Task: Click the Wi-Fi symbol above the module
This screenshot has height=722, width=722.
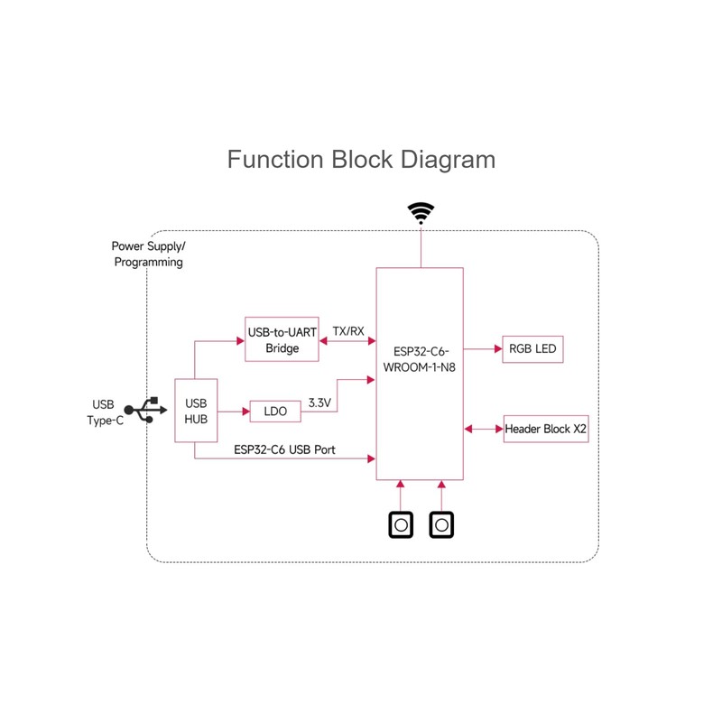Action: point(421,213)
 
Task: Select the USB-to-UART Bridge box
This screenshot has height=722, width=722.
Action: point(282,340)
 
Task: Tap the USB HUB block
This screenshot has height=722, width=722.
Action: point(197,410)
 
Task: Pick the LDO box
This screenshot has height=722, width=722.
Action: point(275,412)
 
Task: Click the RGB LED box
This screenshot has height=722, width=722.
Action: point(532,348)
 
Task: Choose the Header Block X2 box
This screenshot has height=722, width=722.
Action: point(546,429)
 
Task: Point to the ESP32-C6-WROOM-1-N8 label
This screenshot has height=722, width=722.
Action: point(420,357)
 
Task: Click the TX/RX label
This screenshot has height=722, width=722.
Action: point(347,331)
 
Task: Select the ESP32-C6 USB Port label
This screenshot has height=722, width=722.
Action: point(285,449)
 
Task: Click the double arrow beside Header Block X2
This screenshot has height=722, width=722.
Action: point(483,429)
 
